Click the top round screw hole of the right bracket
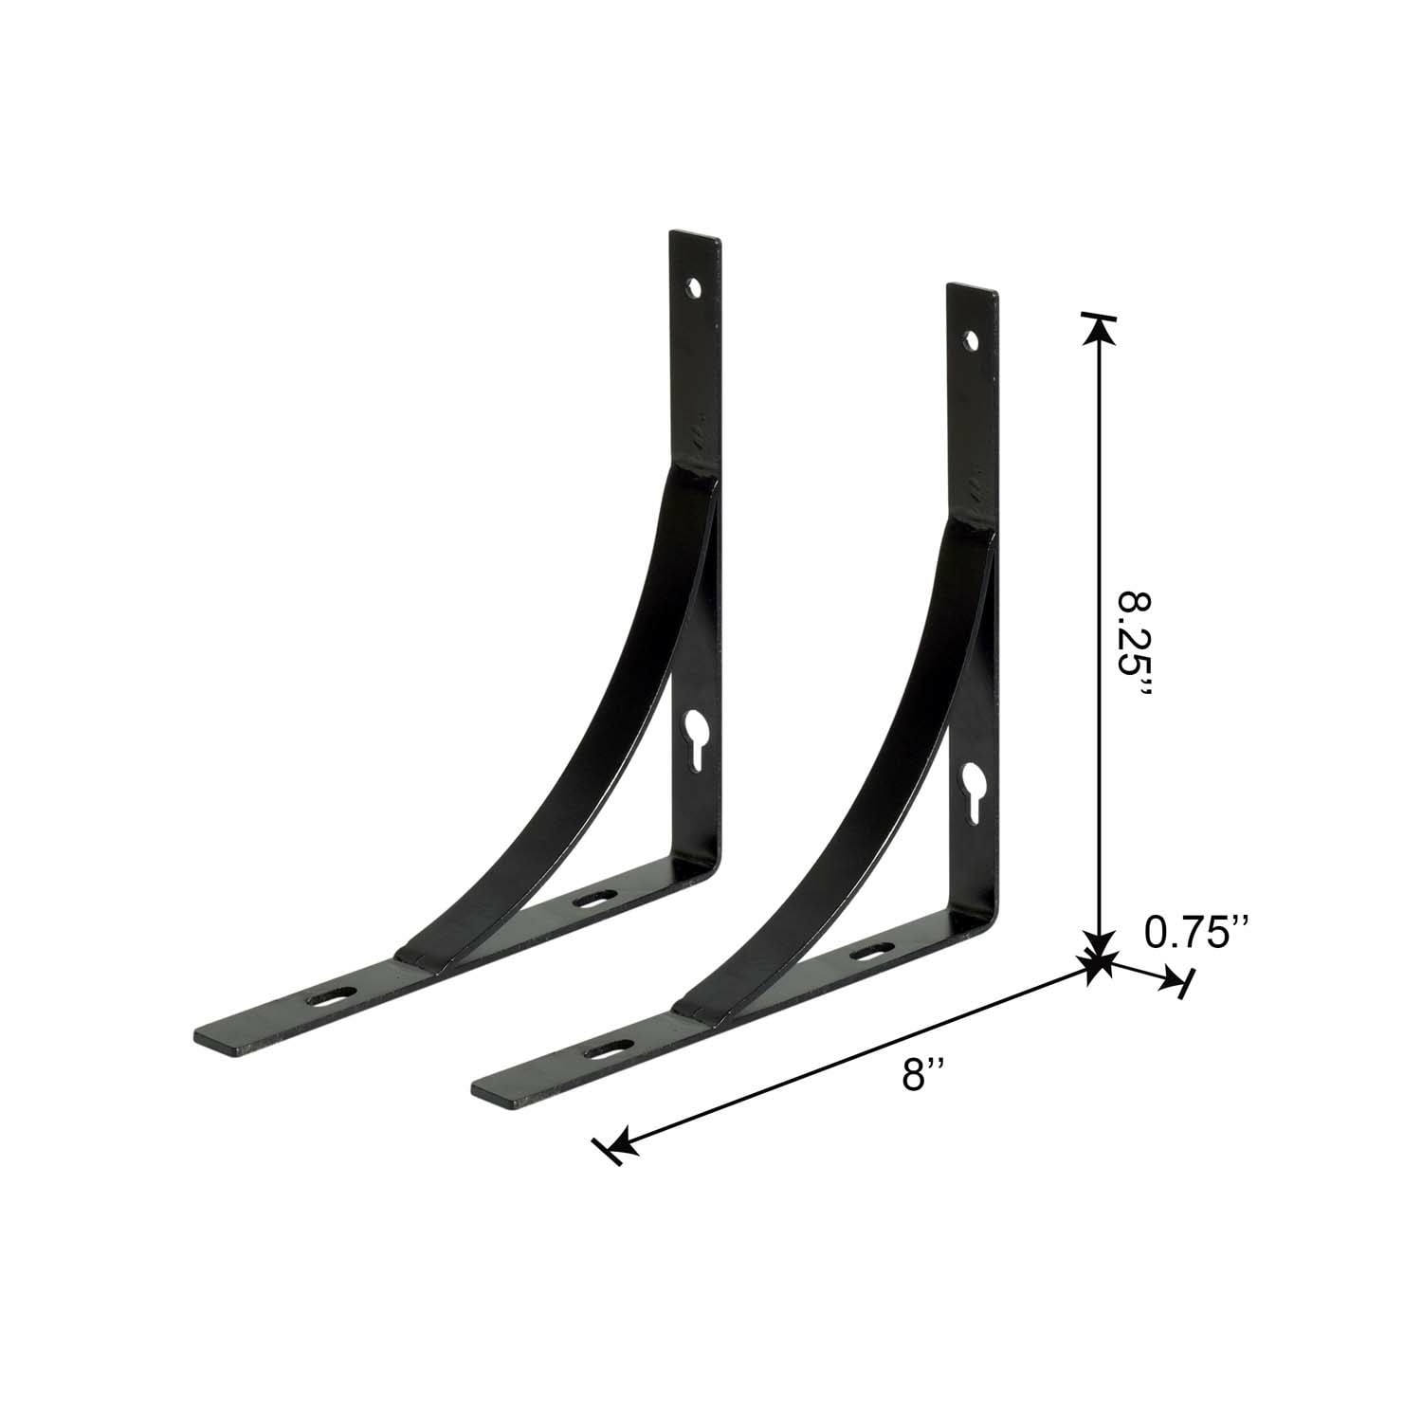(971, 337)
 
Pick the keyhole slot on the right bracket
(971, 786)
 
